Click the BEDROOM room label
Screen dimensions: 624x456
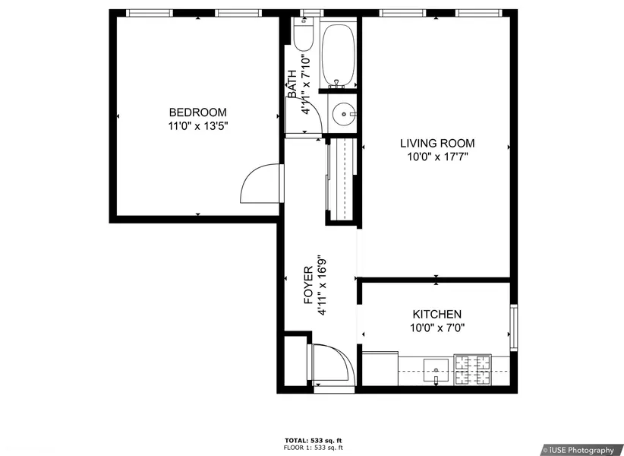(x=198, y=112)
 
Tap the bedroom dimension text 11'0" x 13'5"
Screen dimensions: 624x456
(x=198, y=126)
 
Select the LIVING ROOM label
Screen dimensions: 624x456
(x=437, y=143)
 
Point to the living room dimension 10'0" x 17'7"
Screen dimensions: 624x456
(x=437, y=157)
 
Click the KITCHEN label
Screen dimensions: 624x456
(x=437, y=314)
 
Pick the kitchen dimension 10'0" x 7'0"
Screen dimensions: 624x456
(x=437, y=328)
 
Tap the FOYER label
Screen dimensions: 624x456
(x=309, y=286)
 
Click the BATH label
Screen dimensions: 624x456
(x=292, y=84)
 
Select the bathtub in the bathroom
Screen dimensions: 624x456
(x=338, y=56)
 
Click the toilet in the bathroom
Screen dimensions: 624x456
(x=304, y=33)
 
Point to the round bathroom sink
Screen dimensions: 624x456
(x=343, y=114)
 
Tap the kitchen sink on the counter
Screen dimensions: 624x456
(x=436, y=370)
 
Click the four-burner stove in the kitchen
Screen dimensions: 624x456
(x=473, y=369)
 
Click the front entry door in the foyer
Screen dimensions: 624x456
(x=333, y=366)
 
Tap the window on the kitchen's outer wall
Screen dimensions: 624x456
(x=514, y=328)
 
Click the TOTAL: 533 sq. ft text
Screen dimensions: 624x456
(x=314, y=441)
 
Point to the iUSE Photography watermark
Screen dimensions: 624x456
(x=581, y=450)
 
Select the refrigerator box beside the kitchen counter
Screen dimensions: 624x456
(x=380, y=369)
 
